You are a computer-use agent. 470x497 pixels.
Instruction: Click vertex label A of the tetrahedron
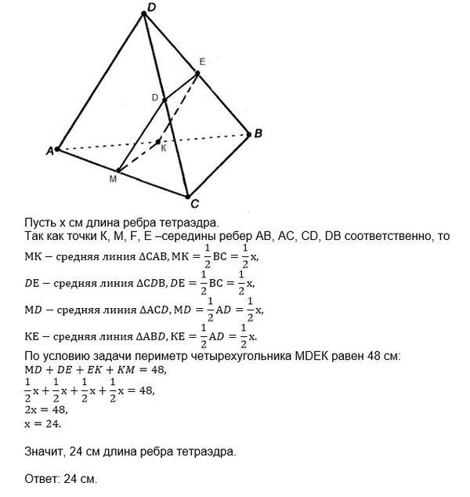pos(49,151)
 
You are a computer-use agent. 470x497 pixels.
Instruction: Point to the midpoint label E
pos(202,61)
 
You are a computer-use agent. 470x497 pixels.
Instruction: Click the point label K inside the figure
pos(163,147)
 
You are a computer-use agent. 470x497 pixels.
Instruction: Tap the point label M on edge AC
pos(113,180)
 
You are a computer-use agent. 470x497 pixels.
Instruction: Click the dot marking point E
pos(197,73)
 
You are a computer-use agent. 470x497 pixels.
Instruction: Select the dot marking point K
pos(157,141)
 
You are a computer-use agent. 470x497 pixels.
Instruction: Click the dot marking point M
pos(119,169)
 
